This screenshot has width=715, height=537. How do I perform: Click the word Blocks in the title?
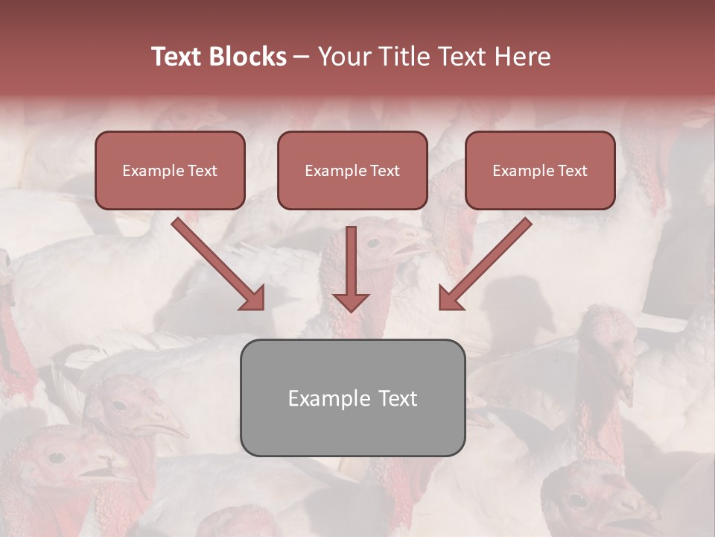coord(247,57)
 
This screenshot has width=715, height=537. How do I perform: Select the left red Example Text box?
coord(170,170)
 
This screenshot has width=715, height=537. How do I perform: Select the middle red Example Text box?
coord(352,170)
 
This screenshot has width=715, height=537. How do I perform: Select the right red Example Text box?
coord(540,170)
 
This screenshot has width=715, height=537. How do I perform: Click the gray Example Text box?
coord(352,398)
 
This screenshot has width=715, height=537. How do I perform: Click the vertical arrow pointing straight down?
coord(351,268)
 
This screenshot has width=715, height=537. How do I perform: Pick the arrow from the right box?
coord(486,263)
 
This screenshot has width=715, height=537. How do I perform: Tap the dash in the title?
coord(302,57)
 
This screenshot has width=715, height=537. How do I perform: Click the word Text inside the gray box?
coord(397,398)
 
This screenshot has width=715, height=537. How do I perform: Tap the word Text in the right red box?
coord(572,171)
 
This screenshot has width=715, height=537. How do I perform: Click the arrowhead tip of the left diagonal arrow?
coord(262,307)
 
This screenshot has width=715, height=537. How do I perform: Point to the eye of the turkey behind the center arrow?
coord(372,243)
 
